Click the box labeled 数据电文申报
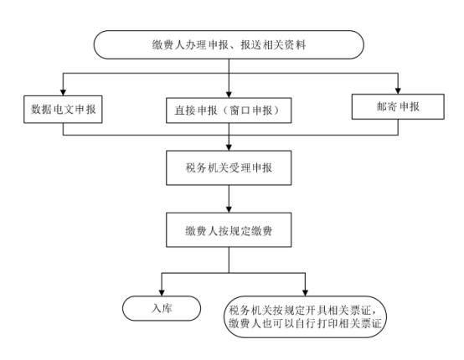tap(63, 109)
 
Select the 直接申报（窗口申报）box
tap(229, 111)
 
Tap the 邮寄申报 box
tap(398, 106)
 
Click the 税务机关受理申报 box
tap(229, 167)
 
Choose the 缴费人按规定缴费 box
tap(229, 230)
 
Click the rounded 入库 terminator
tap(162, 308)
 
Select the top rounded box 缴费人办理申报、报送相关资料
tap(229, 44)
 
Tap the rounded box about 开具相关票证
tap(305, 316)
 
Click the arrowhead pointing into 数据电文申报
tap(63, 92)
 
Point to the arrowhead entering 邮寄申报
tap(398, 90)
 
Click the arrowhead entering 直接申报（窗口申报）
tap(229, 95)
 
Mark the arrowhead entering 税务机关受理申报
tap(229, 147)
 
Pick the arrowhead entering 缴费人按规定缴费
tap(229, 209)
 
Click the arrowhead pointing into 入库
tap(162, 292)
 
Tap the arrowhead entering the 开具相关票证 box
tap(305, 292)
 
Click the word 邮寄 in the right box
tap(387, 106)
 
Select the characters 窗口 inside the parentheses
tap(240, 111)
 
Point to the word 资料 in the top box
tap(295, 45)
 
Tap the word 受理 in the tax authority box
tap(240, 167)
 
